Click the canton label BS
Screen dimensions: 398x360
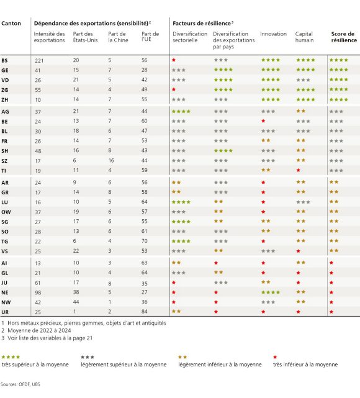(5, 60)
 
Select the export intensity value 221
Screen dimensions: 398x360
(39, 60)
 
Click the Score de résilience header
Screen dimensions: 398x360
(344, 37)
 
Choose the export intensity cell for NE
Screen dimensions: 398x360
(38, 292)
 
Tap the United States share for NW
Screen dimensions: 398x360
(76, 301)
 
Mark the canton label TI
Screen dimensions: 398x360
(4, 170)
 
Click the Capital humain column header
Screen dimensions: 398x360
(305, 37)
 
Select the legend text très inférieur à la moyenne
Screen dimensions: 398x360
(305, 364)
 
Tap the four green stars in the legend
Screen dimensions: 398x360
(11, 356)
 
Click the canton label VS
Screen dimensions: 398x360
(5, 251)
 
